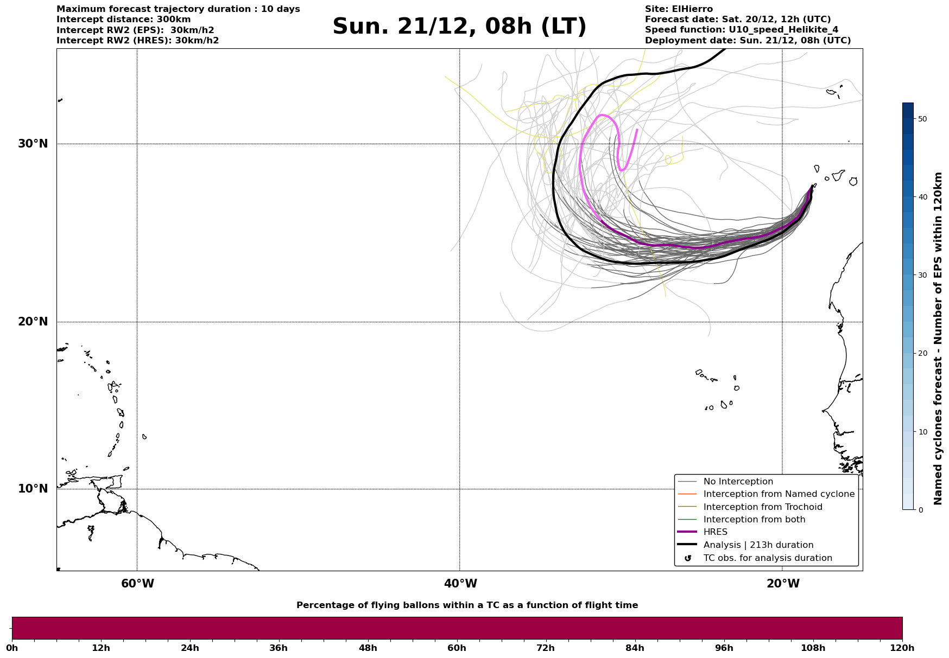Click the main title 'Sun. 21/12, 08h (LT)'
click(x=459, y=27)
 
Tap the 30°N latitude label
click(x=33, y=144)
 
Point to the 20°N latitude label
click(x=33, y=322)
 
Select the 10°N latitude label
click(x=33, y=489)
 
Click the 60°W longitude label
click(x=137, y=584)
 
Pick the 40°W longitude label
click(x=460, y=584)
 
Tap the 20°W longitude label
click(x=783, y=584)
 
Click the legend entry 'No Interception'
click(x=738, y=482)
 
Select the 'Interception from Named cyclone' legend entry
click(x=779, y=494)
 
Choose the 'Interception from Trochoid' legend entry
click(x=762, y=507)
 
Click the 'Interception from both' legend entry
click(x=754, y=520)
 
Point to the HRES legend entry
click(x=715, y=532)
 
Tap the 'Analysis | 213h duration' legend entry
click(x=758, y=545)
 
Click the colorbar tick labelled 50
click(x=922, y=119)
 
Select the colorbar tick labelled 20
click(x=922, y=354)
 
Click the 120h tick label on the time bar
click(x=902, y=648)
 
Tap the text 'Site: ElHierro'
click(x=679, y=9)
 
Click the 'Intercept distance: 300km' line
click(x=123, y=20)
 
